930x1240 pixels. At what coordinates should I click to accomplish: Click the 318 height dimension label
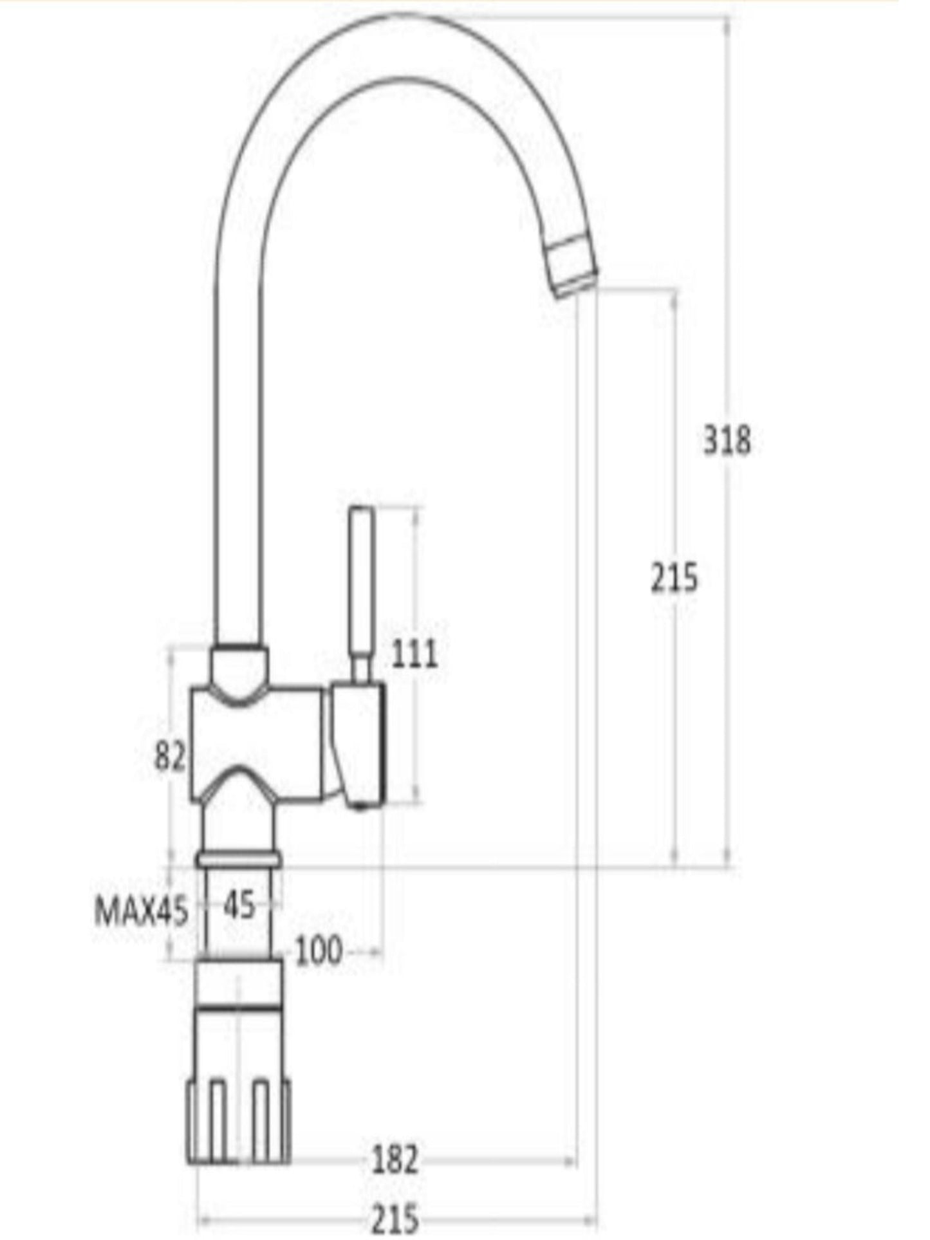(x=726, y=441)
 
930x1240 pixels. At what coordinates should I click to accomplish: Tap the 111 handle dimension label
(x=414, y=654)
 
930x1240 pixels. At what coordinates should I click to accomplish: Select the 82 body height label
(x=170, y=757)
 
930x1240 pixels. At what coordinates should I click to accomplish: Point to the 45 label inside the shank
(x=239, y=906)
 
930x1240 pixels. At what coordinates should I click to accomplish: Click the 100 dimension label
(x=319, y=950)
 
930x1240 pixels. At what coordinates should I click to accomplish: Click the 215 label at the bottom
(x=395, y=1218)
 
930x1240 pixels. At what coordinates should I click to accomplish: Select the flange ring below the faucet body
(x=239, y=858)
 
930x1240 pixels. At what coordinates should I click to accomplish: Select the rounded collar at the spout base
(x=239, y=666)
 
